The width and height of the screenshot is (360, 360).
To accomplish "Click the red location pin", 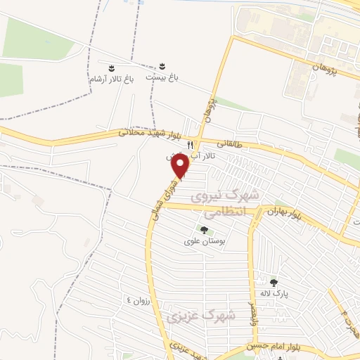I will point(181,167).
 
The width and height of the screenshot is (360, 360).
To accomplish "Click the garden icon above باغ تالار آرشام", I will point(111,68).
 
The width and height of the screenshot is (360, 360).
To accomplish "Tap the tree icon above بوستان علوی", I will point(204,229).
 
